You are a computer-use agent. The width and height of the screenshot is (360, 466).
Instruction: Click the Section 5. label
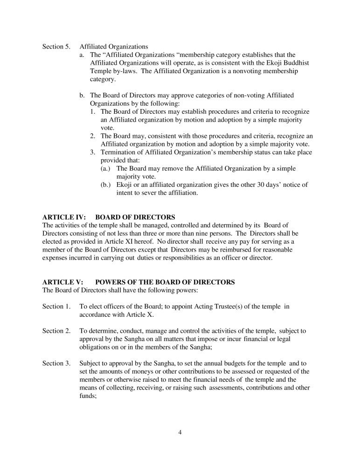[55, 47]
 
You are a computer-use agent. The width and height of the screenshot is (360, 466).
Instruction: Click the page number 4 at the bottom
[180, 432]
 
